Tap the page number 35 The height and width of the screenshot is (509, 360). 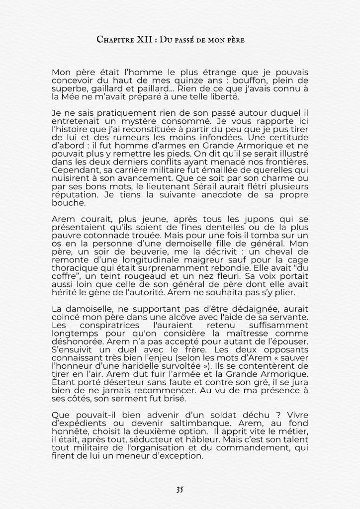[x=180, y=489]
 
